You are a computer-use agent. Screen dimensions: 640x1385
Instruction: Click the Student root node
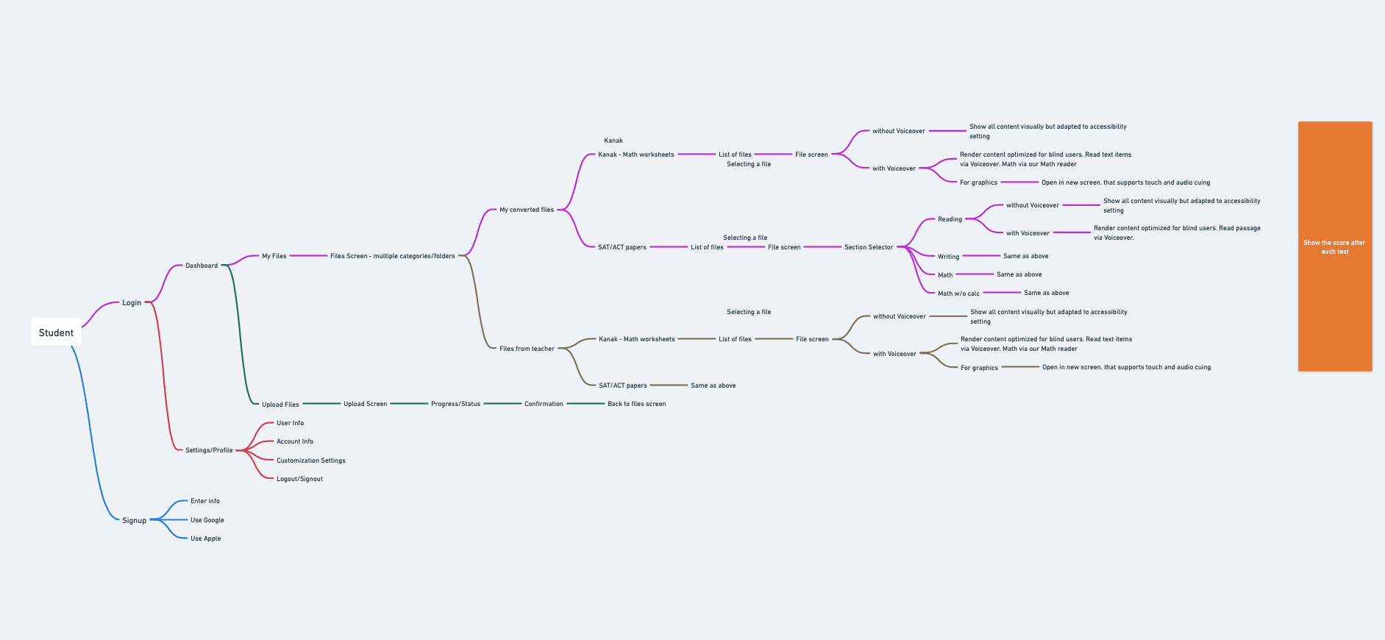(x=56, y=333)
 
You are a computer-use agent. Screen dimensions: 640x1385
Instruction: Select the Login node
(x=132, y=302)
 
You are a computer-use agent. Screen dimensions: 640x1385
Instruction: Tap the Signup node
(x=134, y=520)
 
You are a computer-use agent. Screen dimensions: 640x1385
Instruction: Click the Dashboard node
(x=202, y=266)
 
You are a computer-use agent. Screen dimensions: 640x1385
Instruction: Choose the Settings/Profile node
(x=209, y=450)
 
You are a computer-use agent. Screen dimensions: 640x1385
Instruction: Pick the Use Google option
(x=207, y=520)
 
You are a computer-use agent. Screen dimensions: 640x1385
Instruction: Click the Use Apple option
(x=206, y=538)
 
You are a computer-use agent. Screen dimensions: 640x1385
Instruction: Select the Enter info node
(x=205, y=501)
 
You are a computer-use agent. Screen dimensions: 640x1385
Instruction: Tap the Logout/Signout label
(x=299, y=479)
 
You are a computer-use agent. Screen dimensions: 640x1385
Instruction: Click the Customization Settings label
(x=311, y=461)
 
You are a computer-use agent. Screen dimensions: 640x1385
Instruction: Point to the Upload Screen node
(x=365, y=404)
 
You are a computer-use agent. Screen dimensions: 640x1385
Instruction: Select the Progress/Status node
(x=455, y=404)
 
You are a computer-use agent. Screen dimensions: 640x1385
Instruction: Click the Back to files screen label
(x=636, y=404)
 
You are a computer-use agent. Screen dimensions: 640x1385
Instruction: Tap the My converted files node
(x=527, y=210)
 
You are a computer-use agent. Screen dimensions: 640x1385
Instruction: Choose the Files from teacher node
(x=527, y=349)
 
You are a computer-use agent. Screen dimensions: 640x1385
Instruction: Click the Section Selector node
(x=869, y=247)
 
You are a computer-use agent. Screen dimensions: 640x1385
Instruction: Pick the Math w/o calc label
(x=958, y=294)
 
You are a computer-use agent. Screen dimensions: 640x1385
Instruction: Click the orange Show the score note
(x=1334, y=246)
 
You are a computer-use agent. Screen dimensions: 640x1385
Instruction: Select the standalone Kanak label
(x=613, y=141)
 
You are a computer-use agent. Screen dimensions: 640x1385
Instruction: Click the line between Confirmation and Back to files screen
(x=585, y=404)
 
